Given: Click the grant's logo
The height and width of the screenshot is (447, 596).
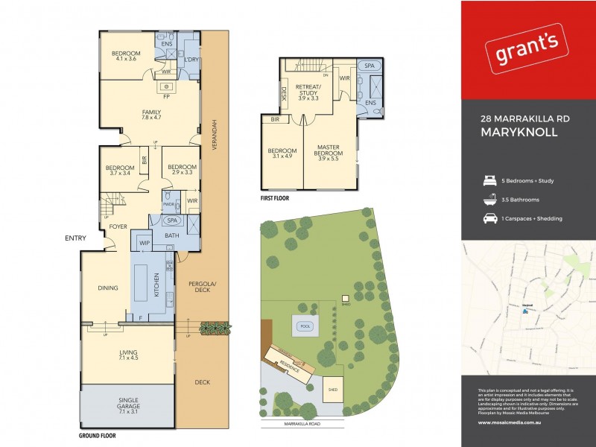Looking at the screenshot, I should point(527,52).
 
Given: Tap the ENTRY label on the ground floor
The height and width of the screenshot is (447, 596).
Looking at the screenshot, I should point(75,238).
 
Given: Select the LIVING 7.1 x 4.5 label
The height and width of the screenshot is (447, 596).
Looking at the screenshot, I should point(129,355).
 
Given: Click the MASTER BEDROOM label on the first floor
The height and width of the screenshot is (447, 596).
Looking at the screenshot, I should point(328,151).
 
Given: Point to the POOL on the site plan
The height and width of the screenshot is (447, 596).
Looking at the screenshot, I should point(303,326).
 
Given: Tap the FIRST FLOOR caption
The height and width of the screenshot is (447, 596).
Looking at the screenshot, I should point(275,200).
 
